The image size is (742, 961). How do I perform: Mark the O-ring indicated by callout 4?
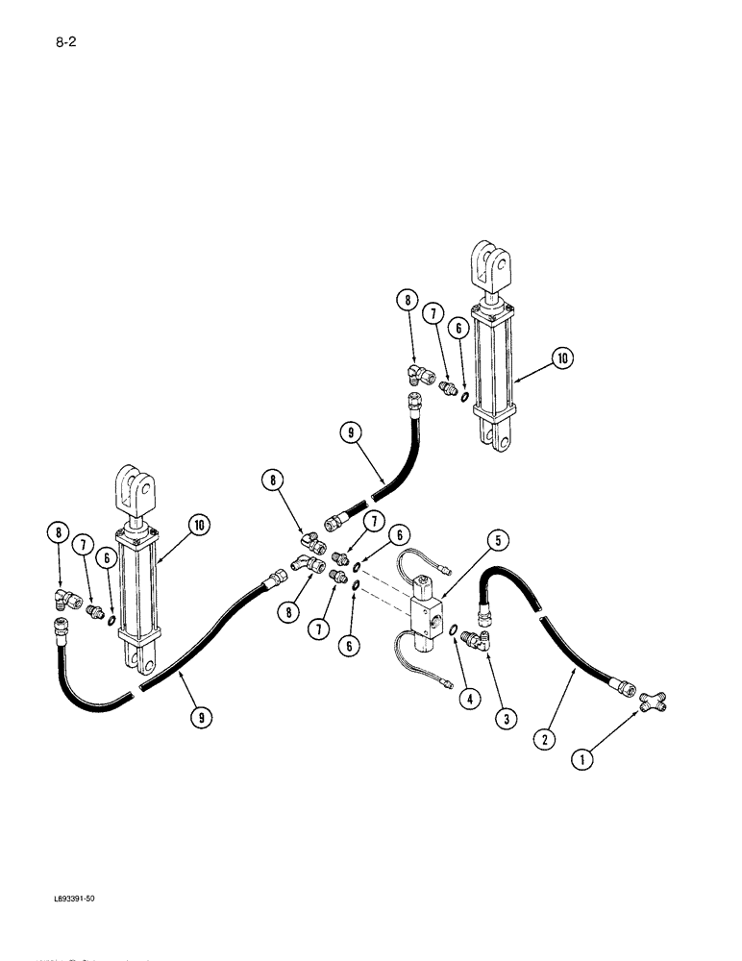(x=451, y=630)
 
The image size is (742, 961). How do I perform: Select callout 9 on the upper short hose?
(x=351, y=433)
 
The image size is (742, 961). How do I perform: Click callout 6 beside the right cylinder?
(x=458, y=328)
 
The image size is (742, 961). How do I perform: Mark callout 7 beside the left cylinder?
(x=87, y=546)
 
